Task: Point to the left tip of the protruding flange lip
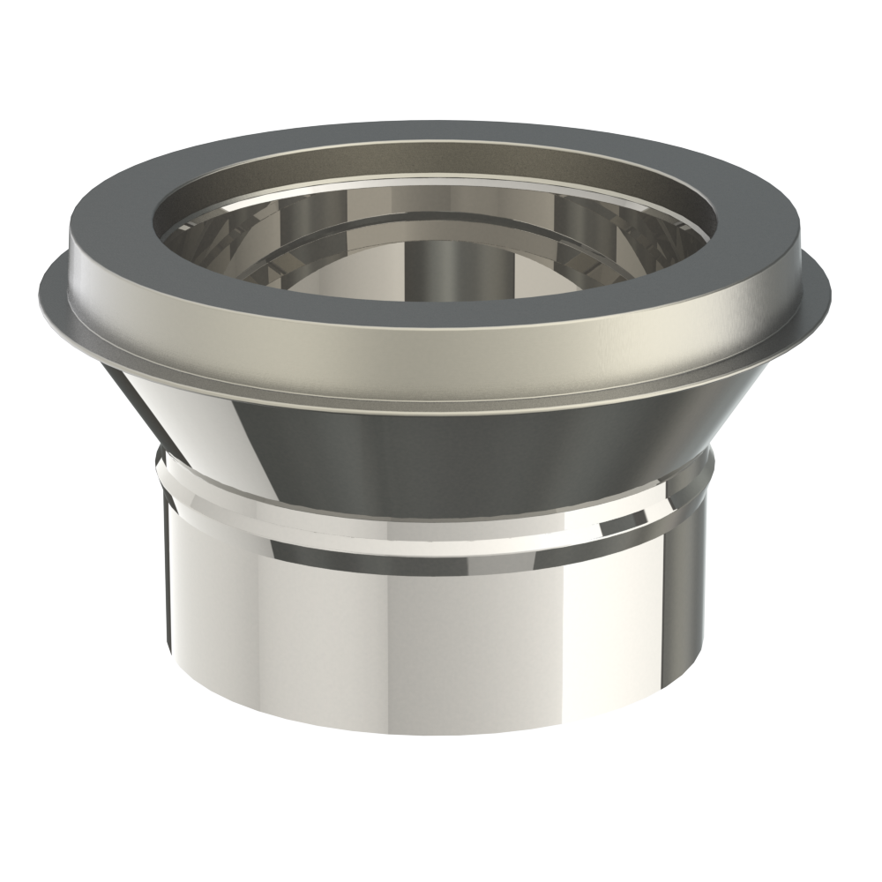(x=42, y=287)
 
